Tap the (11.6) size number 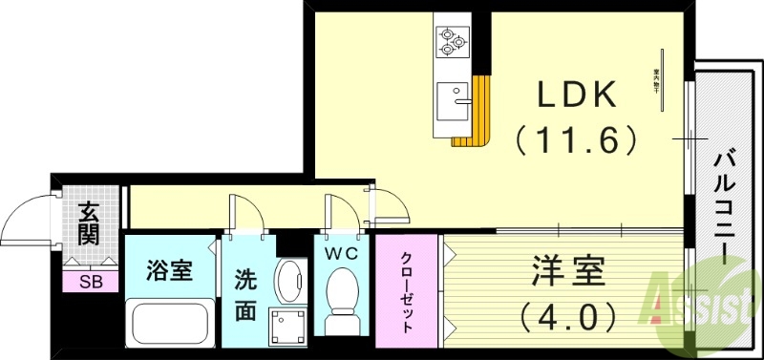pos(575,140)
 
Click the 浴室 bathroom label pos(170,271)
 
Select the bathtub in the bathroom pos(170,322)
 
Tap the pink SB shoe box pos(91,282)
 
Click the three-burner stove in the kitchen pos(450,41)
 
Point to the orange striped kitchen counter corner pos(475,119)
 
